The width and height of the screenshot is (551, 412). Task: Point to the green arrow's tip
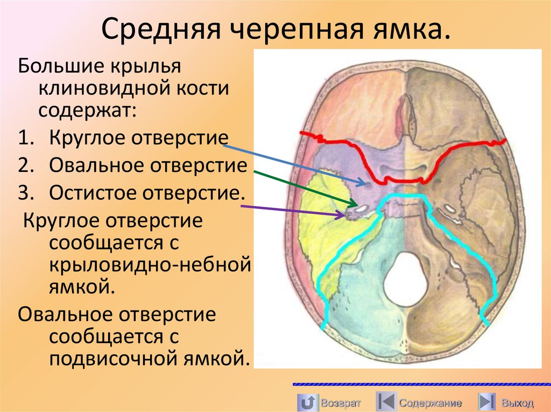pyautogui.click(x=358, y=206)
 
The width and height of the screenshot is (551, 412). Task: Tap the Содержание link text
pyautogui.click(x=430, y=402)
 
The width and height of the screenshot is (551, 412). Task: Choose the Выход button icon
pyautogui.click(x=487, y=402)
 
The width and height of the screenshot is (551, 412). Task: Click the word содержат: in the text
pyautogui.click(x=87, y=111)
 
